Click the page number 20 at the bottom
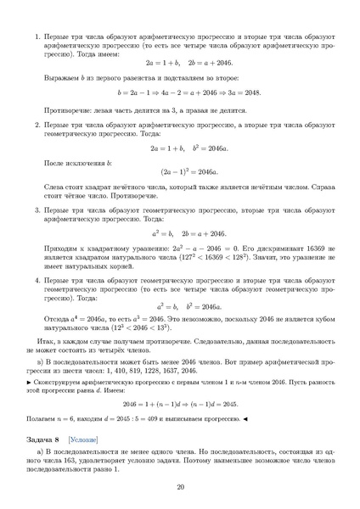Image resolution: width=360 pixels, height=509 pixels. click(x=180, y=486)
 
